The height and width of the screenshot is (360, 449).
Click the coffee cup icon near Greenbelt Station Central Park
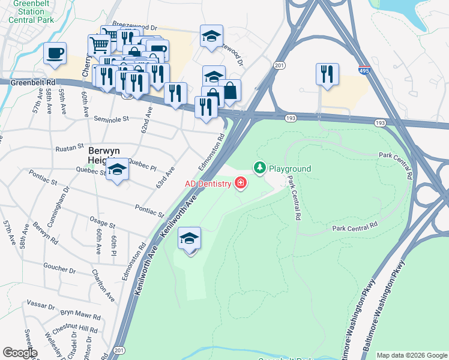coord(55,53)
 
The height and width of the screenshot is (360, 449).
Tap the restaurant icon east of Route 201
coord(327,74)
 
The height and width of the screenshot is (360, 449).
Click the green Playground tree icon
coord(260,168)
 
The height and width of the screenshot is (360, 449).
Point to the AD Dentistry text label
coord(208,183)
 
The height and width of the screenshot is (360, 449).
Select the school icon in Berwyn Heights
coord(118,170)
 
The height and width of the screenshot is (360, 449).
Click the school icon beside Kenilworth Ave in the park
coord(189,239)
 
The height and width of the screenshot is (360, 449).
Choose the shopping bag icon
coord(229,91)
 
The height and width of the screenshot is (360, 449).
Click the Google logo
coord(19,353)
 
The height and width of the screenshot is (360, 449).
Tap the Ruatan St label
coord(67,147)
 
